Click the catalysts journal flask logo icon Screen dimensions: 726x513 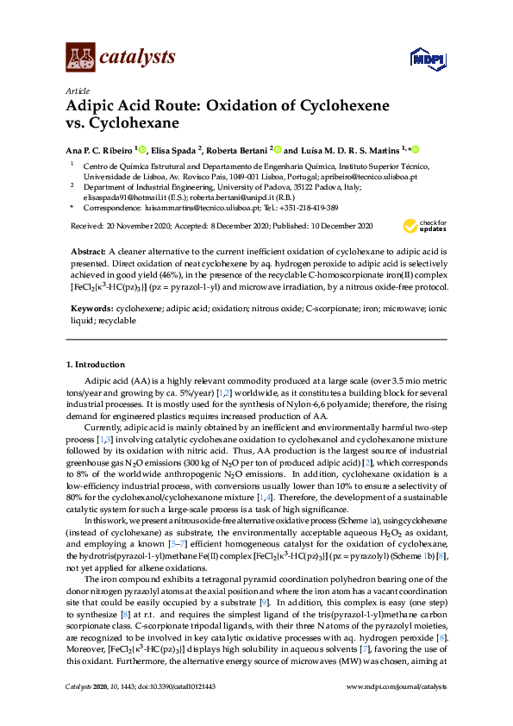[x=79, y=57]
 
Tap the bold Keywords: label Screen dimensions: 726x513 [x=92, y=308]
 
